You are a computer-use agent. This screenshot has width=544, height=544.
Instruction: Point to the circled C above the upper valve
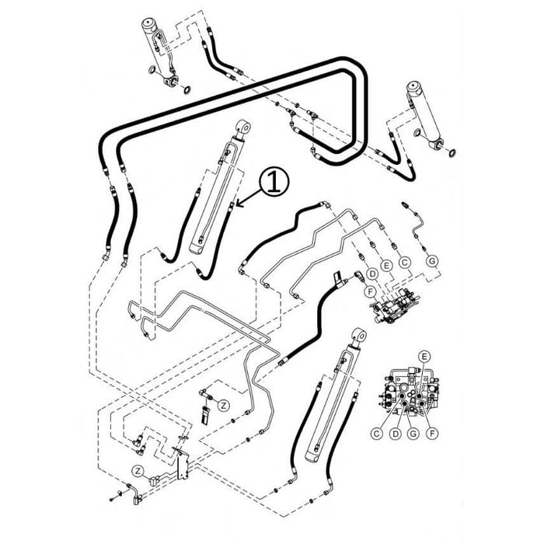[404, 263]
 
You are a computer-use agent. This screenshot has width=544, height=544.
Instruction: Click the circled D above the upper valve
[373, 274]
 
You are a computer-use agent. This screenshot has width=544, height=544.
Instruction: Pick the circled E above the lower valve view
[424, 355]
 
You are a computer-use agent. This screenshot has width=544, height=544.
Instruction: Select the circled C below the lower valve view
[375, 432]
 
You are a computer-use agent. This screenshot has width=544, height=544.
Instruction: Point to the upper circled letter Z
[222, 404]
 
